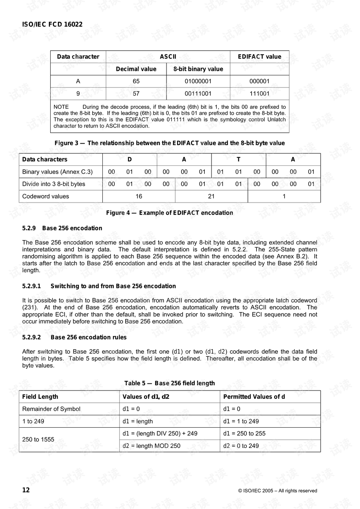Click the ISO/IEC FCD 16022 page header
(52, 24)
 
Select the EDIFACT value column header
(259, 57)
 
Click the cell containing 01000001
(198, 81)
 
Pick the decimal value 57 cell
(136, 93)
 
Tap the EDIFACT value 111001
(259, 93)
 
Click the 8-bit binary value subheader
(198, 69)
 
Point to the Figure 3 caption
(169, 143)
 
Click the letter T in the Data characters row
(238, 159)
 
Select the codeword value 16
(139, 196)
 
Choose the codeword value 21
(211, 196)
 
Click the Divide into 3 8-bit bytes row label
(54, 184)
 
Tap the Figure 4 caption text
(169, 213)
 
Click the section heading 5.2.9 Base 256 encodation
(62, 228)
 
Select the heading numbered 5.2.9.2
(74, 337)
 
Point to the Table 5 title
(169, 383)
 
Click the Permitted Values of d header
(254, 396)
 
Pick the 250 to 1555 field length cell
(38, 439)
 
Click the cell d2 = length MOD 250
(151, 446)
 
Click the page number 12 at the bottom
(26, 490)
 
